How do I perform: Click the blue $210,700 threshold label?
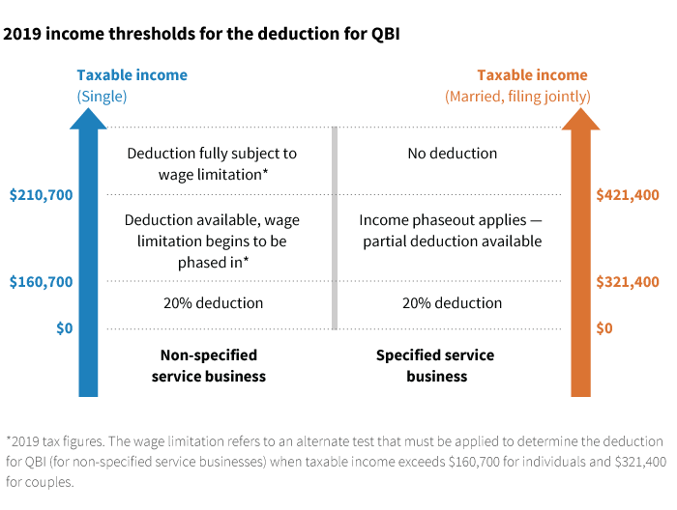pyautogui.click(x=41, y=195)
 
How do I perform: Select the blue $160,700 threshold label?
pyautogui.click(x=41, y=283)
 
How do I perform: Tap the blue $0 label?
pyautogui.click(x=64, y=328)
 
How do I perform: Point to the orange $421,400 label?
pyautogui.click(x=628, y=195)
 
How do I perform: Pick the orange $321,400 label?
pyautogui.click(x=628, y=283)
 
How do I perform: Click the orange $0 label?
pyautogui.click(x=604, y=328)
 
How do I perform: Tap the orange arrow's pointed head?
pyautogui.click(x=580, y=118)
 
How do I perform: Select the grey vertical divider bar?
pyautogui.click(x=335, y=228)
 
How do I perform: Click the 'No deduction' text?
pyautogui.click(x=453, y=154)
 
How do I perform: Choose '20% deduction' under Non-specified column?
pyautogui.click(x=212, y=303)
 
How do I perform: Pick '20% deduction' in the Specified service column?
pyautogui.click(x=452, y=303)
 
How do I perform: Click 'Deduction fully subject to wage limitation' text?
pyautogui.click(x=212, y=163)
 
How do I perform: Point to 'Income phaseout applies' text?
pyautogui.click(x=452, y=220)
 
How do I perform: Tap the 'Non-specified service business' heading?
pyautogui.click(x=209, y=365)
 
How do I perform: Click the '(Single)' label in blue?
pyautogui.click(x=103, y=96)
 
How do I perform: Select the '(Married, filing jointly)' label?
pyautogui.click(x=517, y=96)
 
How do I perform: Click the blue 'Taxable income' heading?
pyautogui.click(x=132, y=75)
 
